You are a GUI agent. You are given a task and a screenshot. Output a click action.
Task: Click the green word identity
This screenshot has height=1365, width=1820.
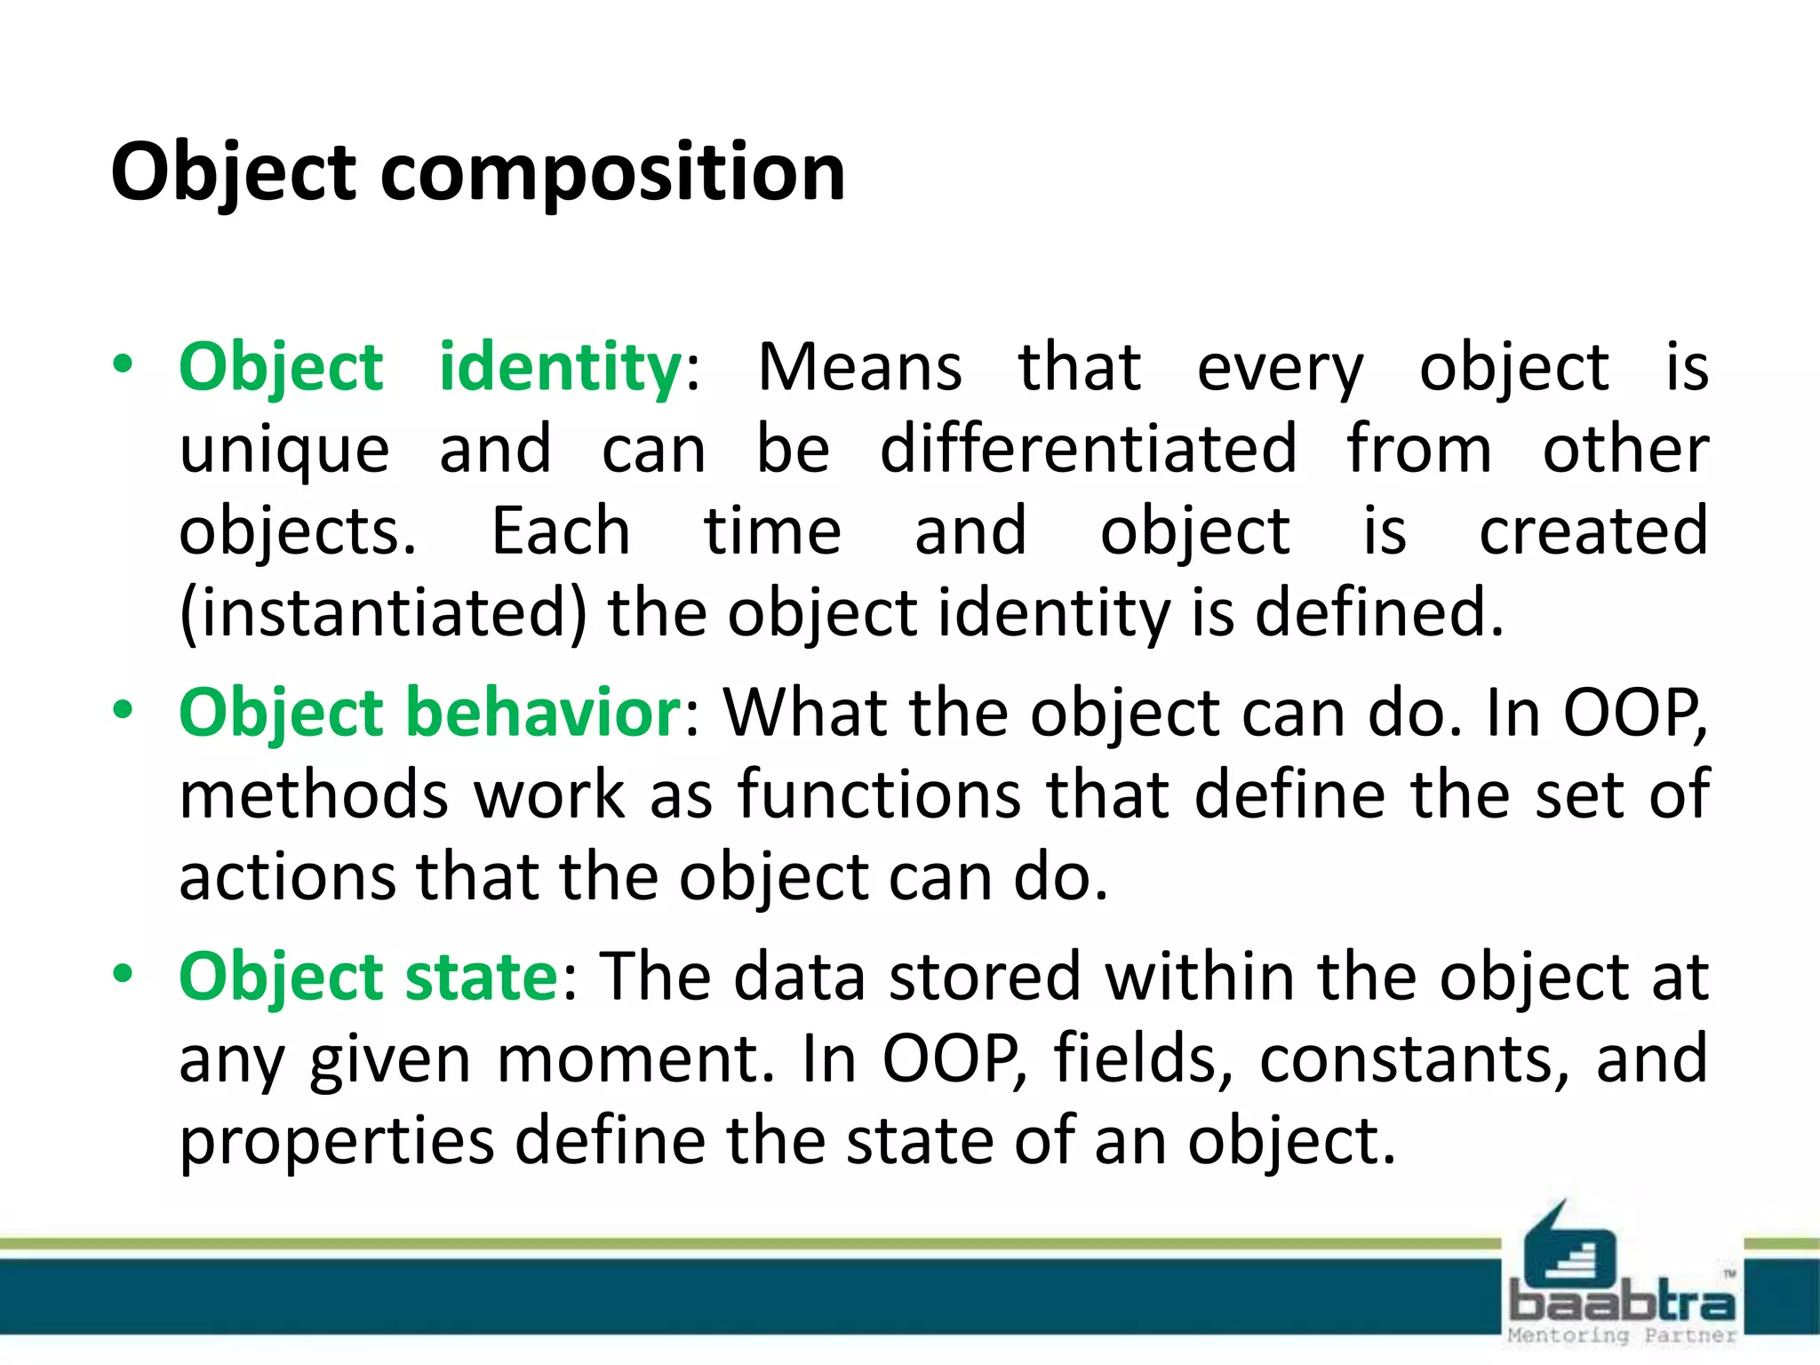point(560,367)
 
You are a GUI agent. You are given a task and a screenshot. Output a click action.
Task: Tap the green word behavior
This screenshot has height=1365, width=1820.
point(543,713)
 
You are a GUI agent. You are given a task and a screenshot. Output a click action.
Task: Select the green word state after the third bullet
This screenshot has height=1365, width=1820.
point(481,977)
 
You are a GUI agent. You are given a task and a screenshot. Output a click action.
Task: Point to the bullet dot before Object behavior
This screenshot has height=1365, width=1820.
point(123,709)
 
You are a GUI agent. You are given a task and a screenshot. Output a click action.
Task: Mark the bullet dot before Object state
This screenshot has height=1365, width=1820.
point(123,973)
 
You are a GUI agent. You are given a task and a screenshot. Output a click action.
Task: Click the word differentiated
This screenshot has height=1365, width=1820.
point(1088,449)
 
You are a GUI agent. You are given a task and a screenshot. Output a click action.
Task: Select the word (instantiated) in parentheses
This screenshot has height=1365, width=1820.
point(383,614)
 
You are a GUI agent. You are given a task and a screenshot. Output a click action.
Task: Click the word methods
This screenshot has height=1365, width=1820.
point(314,794)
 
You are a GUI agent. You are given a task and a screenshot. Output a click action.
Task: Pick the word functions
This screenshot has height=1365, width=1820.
point(879,794)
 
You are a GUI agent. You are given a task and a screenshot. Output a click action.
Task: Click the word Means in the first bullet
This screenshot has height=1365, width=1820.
point(859,367)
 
